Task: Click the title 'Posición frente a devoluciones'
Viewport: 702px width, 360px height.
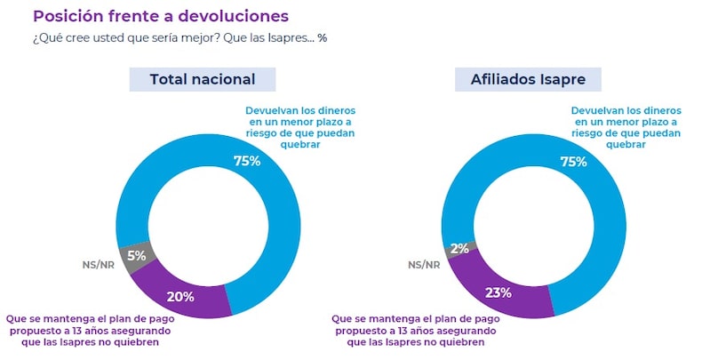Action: (160, 16)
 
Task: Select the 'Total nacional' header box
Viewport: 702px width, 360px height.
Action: (203, 79)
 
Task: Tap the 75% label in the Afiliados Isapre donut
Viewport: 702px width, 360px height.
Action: (573, 161)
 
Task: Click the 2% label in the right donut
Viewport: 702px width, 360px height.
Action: (459, 249)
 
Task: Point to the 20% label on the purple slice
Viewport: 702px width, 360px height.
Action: (180, 296)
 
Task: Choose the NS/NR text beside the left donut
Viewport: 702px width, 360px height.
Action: (97, 264)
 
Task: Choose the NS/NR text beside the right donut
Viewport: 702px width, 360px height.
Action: (423, 264)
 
